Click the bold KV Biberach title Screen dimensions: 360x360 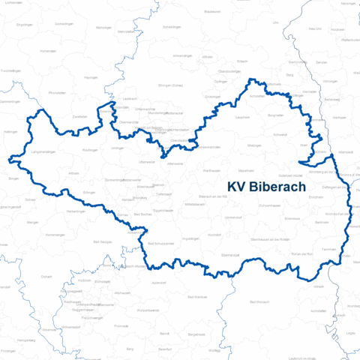point(265,187)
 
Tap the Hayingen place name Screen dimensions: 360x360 point(91,77)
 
